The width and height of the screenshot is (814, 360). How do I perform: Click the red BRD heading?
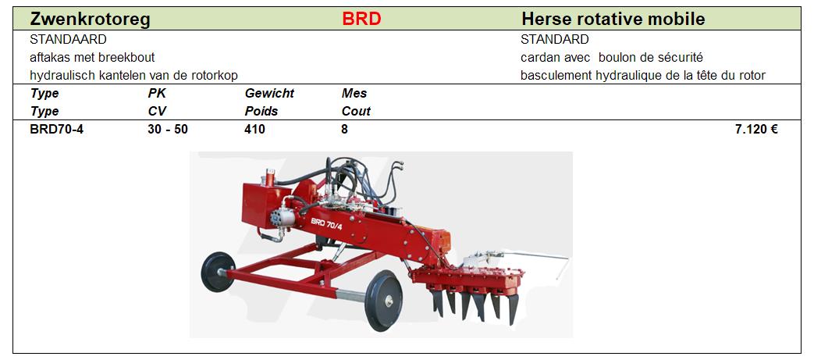pyautogui.click(x=361, y=20)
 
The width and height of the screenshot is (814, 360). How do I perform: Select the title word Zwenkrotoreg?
pyautogui.click(x=91, y=20)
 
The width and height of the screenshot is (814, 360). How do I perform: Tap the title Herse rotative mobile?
pyautogui.click(x=613, y=20)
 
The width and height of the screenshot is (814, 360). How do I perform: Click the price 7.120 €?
pyautogui.click(x=756, y=130)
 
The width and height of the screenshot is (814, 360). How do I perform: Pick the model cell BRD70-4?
pyautogui.click(x=57, y=130)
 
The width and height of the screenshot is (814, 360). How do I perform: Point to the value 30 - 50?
pyautogui.click(x=168, y=130)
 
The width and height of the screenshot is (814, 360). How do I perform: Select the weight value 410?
pyautogui.click(x=254, y=130)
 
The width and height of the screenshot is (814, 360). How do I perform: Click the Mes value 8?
pyautogui.click(x=345, y=130)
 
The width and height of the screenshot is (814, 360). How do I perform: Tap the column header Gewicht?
pyautogui.click(x=269, y=94)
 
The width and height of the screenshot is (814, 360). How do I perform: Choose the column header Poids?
pyautogui.click(x=261, y=111)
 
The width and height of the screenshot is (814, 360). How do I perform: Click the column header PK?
pyautogui.click(x=157, y=94)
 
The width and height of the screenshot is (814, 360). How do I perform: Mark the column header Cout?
pyautogui.click(x=356, y=111)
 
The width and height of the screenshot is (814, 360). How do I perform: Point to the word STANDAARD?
pyautogui.click(x=69, y=40)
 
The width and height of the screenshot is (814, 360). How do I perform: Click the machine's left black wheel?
pyautogui.click(x=218, y=272)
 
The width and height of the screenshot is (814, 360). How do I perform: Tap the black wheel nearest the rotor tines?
pyautogui.click(x=384, y=300)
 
